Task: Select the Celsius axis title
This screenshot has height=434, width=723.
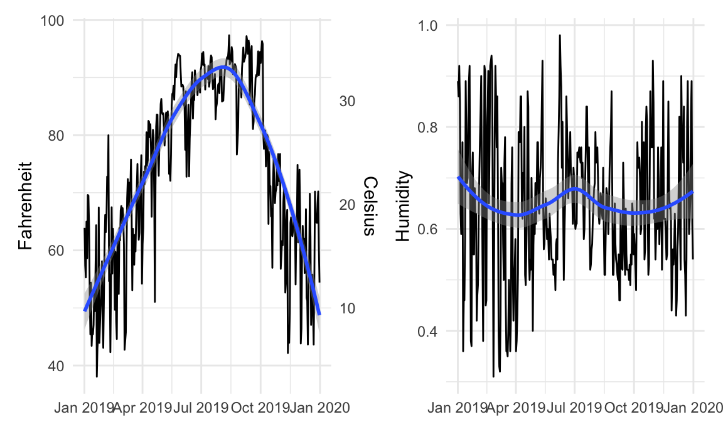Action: (x=370, y=206)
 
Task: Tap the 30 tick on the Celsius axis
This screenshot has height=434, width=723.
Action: (x=348, y=101)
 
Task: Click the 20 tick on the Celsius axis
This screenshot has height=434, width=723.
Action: (x=348, y=205)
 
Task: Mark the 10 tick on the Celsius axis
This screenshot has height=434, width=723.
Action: (x=348, y=308)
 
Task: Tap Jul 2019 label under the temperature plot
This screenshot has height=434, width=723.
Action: (x=202, y=409)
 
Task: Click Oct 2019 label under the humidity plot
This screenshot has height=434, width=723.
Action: (x=634, y=409)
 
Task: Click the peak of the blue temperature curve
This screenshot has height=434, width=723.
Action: (x=224, y=67)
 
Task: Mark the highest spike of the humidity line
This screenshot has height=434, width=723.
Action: (x=559, y=35)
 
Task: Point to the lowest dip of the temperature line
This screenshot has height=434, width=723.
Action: (x=97, y=376)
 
